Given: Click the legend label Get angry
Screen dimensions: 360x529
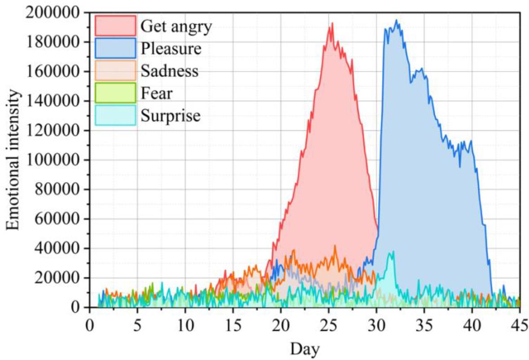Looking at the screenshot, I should tap(176, 27).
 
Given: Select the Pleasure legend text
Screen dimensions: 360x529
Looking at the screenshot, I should tap(171, 49).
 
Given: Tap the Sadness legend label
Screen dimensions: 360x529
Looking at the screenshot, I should tap(169, 71).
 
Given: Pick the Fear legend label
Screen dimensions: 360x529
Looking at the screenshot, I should tap(156, 93).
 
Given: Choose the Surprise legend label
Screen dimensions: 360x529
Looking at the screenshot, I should tap(170, 116).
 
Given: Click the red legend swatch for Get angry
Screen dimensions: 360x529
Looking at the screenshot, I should tap(115, 26).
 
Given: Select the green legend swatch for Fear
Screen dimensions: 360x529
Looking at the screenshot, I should tap(115, 93).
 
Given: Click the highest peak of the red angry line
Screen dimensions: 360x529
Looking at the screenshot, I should tap(332, 23).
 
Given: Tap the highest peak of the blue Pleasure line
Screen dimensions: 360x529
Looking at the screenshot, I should tap(396, 20).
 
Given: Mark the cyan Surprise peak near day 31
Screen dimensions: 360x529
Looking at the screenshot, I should tap(393, 252).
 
